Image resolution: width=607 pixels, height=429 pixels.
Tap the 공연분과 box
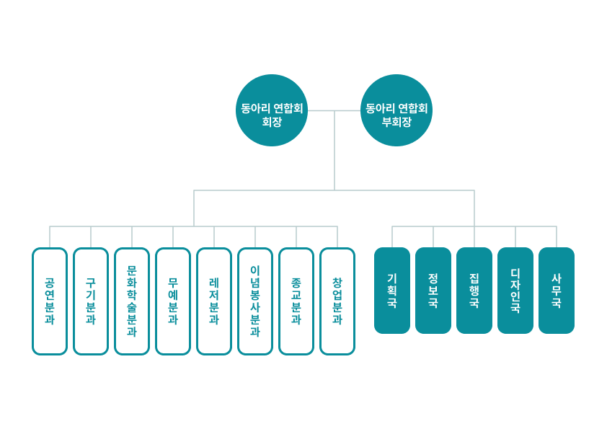click(50, 301)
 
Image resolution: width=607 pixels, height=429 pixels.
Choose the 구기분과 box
click(91, 301)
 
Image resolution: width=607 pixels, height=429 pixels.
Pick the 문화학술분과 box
click(132, 301)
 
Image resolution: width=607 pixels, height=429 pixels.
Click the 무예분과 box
click(173, 301)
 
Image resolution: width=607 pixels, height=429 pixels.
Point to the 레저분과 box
click(214, 301)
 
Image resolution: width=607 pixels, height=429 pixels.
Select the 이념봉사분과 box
click(255, 301)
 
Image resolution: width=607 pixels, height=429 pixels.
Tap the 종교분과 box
click(296, 301)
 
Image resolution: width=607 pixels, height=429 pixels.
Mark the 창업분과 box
click(337, 301)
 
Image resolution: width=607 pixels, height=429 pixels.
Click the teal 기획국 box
click(392, 291)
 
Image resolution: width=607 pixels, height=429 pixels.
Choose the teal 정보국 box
click(433, 291)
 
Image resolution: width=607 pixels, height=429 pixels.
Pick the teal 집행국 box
click(474, 291)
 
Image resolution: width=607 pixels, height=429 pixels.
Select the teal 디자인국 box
click(515, 291)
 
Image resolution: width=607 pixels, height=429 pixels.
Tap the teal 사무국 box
click(557, 291)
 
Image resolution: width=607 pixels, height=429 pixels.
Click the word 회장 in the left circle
click(272, 122)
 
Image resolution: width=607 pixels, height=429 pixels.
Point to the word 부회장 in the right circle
click(396, 122)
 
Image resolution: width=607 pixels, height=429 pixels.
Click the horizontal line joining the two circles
click(334, 111)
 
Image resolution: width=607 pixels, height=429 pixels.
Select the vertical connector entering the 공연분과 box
click(50, 237)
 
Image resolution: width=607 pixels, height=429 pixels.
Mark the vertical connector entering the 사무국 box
click(557, 237)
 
